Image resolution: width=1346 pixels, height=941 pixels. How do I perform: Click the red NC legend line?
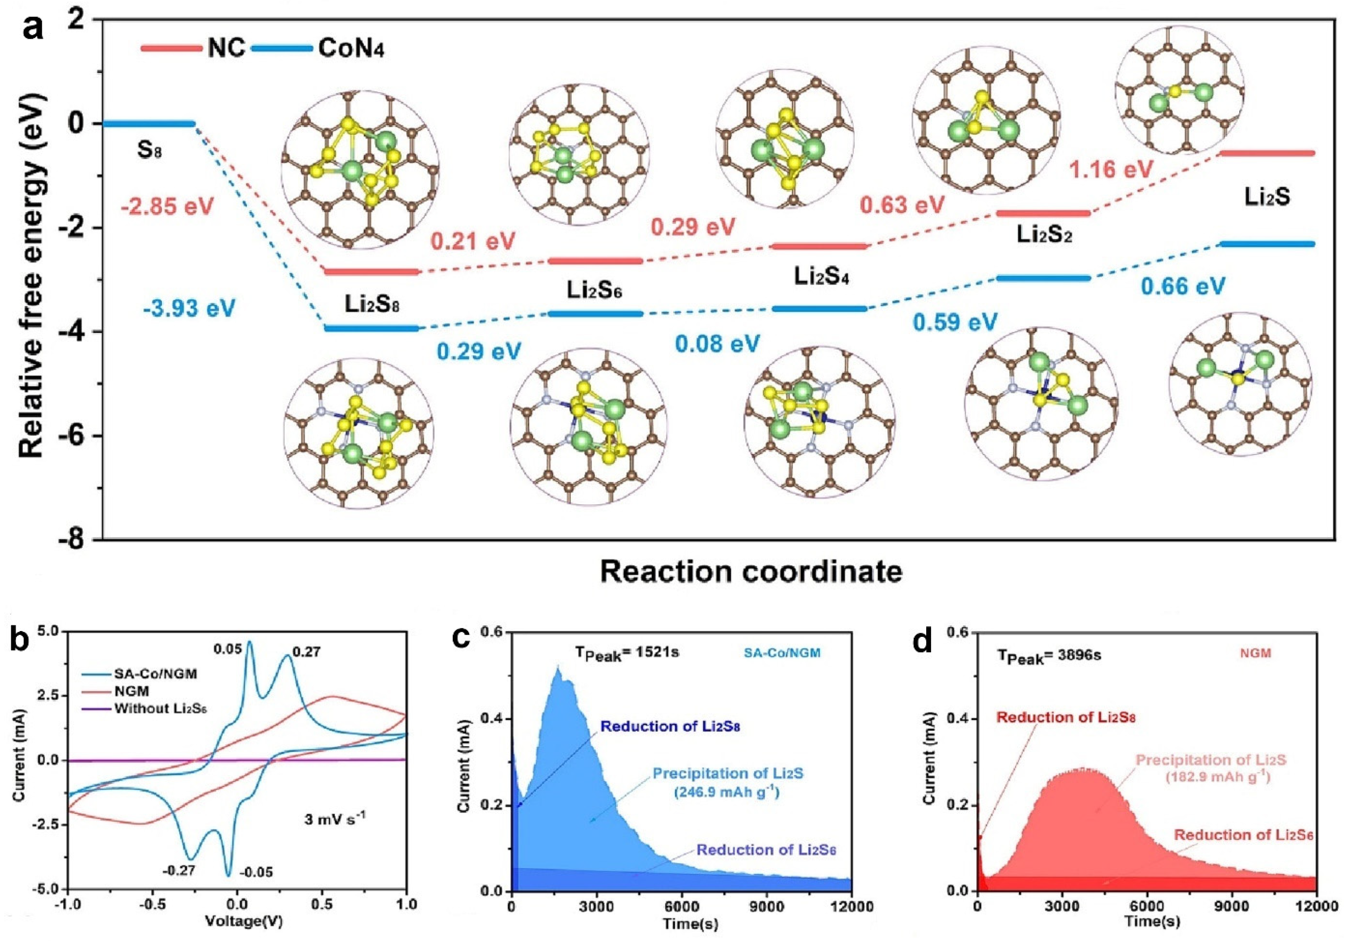pyautogui.click(x=171, y=48)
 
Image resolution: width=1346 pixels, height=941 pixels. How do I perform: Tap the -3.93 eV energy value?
pyautogui.click(x=189, y=308)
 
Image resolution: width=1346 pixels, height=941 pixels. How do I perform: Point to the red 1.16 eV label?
pyautogui.click(x=1112, y=169)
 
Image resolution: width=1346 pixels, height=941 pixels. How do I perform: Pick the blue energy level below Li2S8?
pyautogui.click(x=372, y=328)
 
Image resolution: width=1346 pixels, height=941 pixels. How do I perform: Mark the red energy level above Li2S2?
pyautogui.click(x=1043, y=213)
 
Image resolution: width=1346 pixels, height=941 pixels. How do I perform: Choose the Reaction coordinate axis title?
pyautogui.click(x=751, y=571)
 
